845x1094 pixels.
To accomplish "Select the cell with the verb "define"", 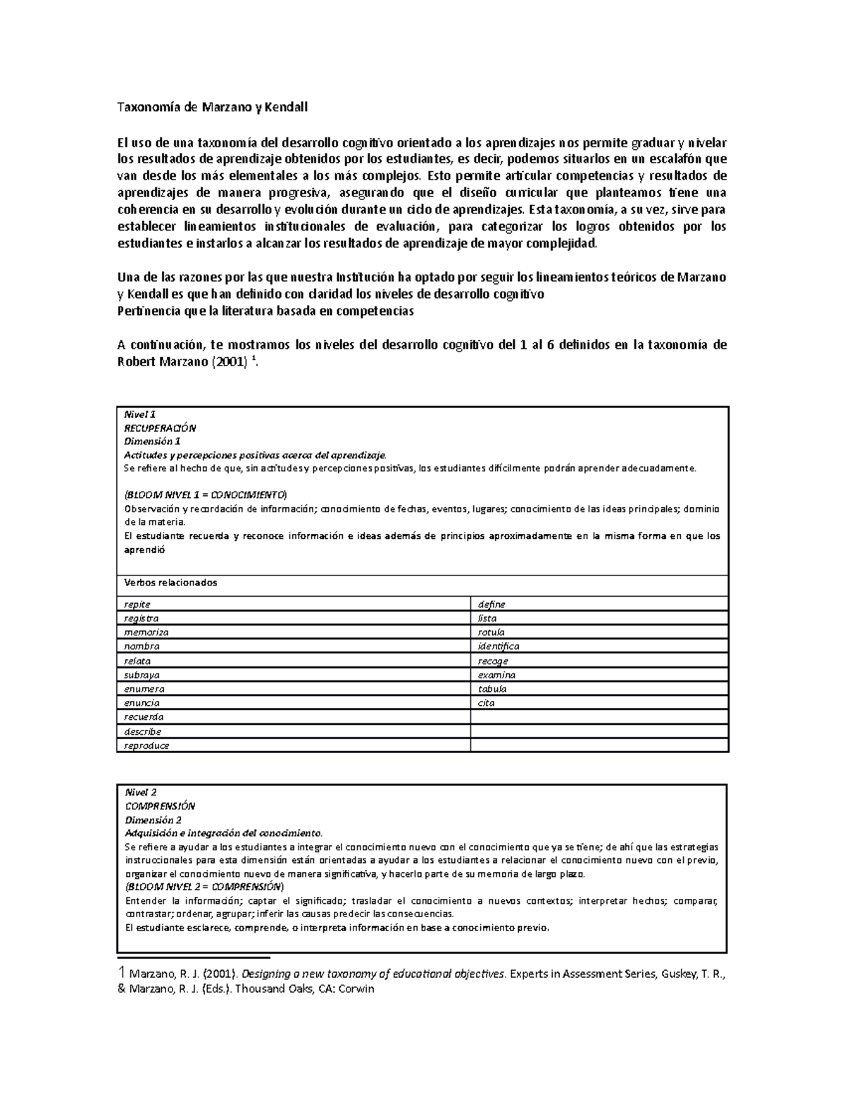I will tap(492, 604).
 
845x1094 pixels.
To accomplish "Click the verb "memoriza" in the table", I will tap(146, 633).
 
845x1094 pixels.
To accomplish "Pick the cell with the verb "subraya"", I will tap(142, 675).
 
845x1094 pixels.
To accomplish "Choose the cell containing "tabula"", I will tap(492, 689).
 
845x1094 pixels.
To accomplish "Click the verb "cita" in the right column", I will tap(486, 703).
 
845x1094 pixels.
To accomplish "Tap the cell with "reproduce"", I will tap(146, 746).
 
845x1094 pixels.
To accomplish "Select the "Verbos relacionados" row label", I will tap(170, 583).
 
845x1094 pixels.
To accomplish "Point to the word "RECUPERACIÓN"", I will tap(160, 428).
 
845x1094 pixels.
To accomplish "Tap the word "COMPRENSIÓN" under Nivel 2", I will tap(160, 806).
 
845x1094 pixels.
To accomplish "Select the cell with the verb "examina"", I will tap(496, 675).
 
